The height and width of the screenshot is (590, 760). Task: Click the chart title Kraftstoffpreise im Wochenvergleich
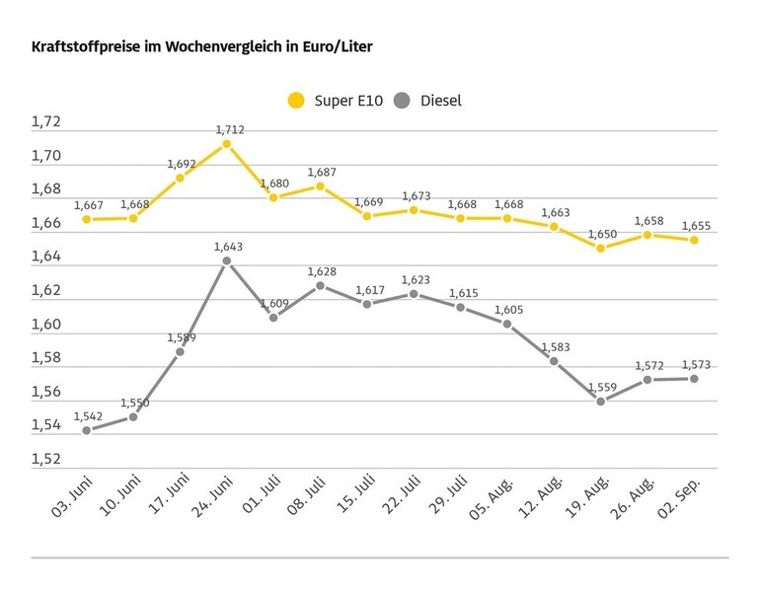tap(202, 46)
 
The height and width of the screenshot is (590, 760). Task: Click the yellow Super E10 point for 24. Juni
tap(226, 144)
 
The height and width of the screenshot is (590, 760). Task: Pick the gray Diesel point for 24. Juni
tap(226, 260)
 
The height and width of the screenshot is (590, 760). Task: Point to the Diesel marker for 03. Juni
tap(86, 430)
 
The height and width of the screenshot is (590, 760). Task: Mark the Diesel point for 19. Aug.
tap(600, 401)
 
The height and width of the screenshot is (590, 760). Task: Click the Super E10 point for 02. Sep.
tap(694, 240)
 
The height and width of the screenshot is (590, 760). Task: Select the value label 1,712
tap(229, 129)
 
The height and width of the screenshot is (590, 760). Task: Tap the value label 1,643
tap(229, 246)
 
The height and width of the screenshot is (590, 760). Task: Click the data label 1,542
tap(89, 415)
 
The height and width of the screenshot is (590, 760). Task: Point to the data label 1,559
tap(602, 386)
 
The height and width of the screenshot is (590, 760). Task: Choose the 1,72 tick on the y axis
tap(46, 122)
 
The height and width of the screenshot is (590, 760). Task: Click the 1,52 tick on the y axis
tap(46, 460)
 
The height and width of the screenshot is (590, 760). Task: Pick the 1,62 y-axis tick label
tap(46, 291)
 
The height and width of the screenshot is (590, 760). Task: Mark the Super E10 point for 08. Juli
tap(320, 186)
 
